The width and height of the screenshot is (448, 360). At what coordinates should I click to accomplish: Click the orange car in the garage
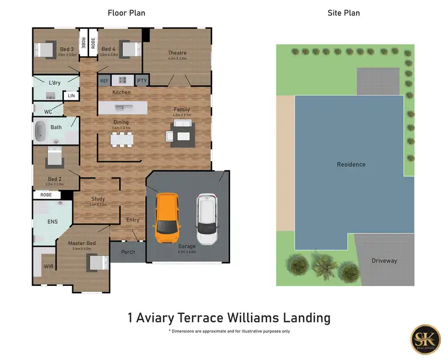point(167,218)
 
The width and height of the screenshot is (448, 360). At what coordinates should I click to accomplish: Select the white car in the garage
point(206,219)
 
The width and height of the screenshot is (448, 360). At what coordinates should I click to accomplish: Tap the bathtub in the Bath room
point(41,130)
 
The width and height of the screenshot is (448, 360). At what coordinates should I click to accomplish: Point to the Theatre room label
point(177,53)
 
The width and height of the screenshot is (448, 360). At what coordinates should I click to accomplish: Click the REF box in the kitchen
point(105,81)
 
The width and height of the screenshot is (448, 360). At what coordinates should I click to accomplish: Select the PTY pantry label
point(142,81)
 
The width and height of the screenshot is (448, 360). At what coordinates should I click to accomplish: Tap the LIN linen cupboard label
point(71,96)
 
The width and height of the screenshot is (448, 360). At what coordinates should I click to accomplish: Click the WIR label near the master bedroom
point(48,266)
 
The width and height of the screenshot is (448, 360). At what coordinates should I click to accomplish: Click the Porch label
point(128,252)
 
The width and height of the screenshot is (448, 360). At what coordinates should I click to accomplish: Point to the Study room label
point(98,199)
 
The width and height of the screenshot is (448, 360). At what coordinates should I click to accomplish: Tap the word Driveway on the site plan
point(384,261)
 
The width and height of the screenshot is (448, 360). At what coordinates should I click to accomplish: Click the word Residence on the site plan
point(351,164)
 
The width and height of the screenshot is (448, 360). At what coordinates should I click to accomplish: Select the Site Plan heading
point(343,13)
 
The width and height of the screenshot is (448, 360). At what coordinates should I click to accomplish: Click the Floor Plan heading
point(126,13)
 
